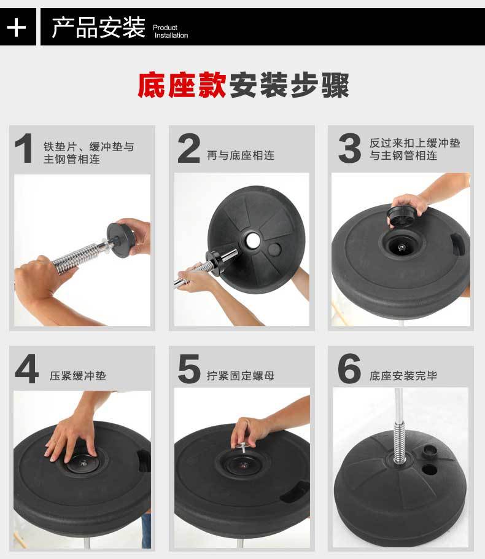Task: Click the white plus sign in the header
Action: (x=17, y=27)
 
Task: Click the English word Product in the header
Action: (x=165, y=28)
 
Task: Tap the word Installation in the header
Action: (x=171, y=35)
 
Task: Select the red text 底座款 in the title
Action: (x=182, y=85)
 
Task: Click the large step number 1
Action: (x=24, y=148)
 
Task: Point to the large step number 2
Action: (x=188, y=148)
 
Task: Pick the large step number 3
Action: (x=349, y=148)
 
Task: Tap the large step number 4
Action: (x=27, y=369)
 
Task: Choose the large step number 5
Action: (x=189, y=369)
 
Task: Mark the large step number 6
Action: (x=349, y=369)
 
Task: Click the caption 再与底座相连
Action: (x=241, y=155)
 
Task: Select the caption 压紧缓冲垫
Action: (x=78, y=376)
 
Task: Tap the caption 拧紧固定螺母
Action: (x=241, y=376)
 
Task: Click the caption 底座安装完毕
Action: (x=403, y=376)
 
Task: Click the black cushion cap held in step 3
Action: (x=402, y=216)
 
